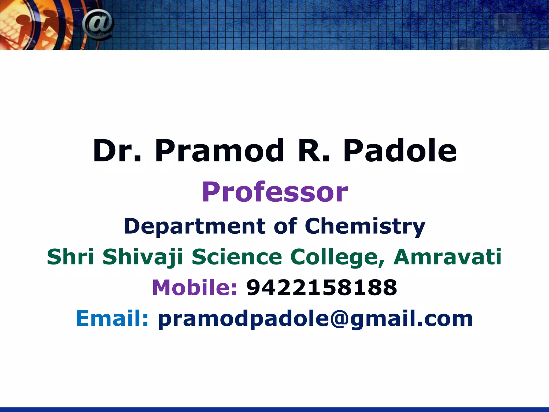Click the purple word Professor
click(x=274, y=192)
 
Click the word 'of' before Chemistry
click(x=285, y=226)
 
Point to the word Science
click(x=237, y=257)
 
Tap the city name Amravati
click(x=447, y=257)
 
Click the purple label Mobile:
click(x=195, y=287)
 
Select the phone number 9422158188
click(x=321, y=288)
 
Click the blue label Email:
click(x=112, y=318)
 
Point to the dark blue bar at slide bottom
click(x=274, y=409)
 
